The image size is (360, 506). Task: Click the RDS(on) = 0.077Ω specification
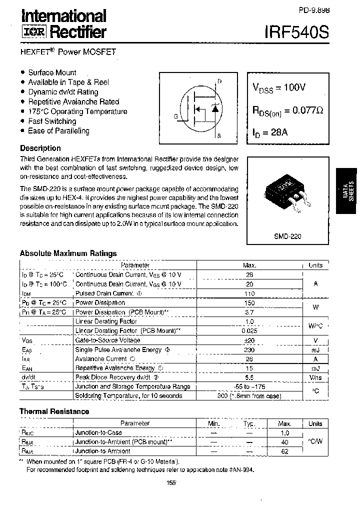point(287,110)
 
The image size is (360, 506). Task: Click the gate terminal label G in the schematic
point(176,116)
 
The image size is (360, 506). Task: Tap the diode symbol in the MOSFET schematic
point(215,108)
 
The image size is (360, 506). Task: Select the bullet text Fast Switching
point(52,121)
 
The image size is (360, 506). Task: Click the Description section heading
point(40,148)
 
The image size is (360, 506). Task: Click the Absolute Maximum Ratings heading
point(68,253)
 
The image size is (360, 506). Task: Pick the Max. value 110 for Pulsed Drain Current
point(250,293)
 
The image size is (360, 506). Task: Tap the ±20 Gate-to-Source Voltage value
point(250,340)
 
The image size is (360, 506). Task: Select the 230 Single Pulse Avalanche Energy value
point(250,349)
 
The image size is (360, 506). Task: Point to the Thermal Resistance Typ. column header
point(249,423)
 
